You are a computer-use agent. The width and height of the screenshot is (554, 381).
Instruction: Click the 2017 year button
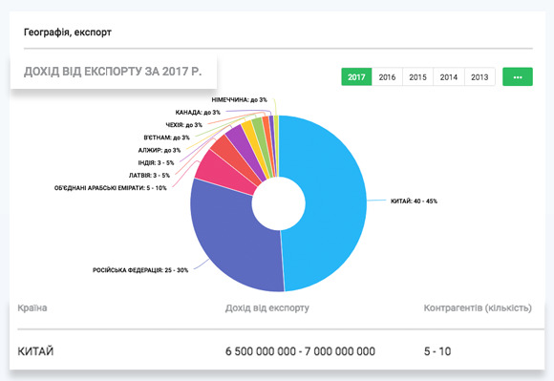point(356,76)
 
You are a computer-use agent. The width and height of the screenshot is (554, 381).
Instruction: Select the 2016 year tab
point(387,76)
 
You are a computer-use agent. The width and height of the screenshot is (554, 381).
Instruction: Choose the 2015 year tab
point(417,76)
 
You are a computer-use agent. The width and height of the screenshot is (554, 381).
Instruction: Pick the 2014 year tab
point(448,76)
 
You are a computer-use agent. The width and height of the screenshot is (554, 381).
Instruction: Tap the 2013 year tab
point(479,76)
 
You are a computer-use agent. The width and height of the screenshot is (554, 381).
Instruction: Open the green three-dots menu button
point(517,76)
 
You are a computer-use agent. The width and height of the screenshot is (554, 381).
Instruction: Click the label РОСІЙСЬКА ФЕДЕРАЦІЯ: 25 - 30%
point(139,269)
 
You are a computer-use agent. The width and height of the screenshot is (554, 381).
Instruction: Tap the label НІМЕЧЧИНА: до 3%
point(239,99)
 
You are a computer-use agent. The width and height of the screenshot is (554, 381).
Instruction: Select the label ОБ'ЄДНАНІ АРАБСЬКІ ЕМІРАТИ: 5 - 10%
point(111,188)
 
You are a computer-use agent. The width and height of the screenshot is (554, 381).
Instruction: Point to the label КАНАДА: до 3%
point(198,113)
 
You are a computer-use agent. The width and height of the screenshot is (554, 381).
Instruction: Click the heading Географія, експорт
point(68,32)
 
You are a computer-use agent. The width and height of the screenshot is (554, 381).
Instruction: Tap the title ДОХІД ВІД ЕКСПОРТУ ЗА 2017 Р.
point(113,71)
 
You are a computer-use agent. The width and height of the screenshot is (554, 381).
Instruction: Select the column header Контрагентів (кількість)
point(478,308)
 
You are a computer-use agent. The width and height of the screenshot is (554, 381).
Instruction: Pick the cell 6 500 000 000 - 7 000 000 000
point(300,352)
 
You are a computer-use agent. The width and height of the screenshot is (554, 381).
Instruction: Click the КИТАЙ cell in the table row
point(36,352)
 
